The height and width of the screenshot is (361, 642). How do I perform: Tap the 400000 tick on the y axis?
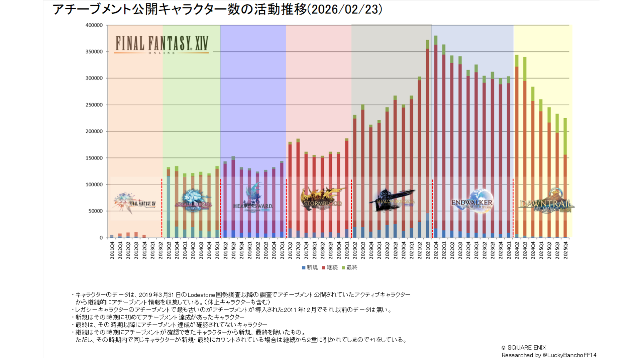[94, 25]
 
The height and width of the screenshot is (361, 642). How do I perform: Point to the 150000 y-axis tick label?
[94, 158]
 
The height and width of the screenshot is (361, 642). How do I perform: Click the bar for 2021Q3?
[427, 140]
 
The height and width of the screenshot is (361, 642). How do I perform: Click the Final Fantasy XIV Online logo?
[162, 44]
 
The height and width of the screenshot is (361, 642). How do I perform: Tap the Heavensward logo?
[253, 199]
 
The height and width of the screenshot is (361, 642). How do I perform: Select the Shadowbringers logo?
[392, 200]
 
